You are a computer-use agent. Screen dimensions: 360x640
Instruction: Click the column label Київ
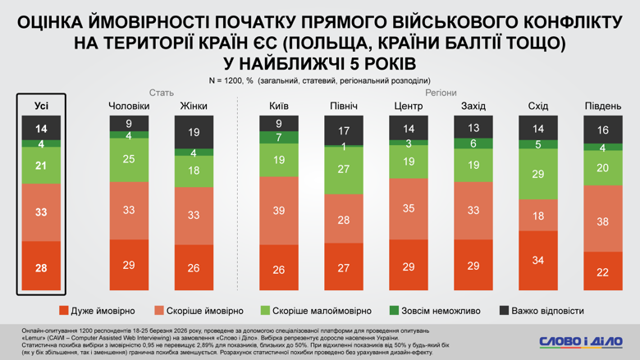click(x=278, y=106)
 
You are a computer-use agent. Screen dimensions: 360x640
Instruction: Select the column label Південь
click(x=603, y=106)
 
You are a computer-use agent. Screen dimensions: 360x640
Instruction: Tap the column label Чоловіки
click(x=130, y=106)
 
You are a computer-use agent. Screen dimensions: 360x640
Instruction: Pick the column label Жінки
click(x=194, y=106)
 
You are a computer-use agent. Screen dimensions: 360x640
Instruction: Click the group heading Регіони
click(x=441, y=93)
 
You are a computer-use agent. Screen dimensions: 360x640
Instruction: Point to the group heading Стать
click(x=161, y=93)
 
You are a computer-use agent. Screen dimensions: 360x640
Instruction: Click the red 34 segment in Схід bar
click(x=538, y=261)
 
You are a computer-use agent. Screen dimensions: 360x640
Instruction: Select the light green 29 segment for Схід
click(x=538, y=175)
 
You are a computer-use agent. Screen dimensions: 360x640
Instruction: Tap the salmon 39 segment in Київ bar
click(x=278, y=211)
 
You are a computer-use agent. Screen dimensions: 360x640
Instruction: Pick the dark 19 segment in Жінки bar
click(x=194, y=132)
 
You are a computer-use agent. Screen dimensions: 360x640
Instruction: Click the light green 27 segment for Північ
click(x=343, y=170)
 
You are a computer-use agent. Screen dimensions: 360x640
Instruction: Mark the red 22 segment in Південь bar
click(x=603, y=271)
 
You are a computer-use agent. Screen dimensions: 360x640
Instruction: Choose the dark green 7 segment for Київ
click(x=278, y=138)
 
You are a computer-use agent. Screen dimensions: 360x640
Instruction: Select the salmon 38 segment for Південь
click(x=603, y=221)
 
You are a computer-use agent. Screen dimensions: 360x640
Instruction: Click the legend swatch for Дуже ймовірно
click(x=64, y=311)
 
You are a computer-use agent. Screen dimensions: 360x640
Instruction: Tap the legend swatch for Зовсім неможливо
click(x=393, y=311)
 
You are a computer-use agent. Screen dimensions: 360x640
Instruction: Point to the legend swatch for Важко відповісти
click(x=504, y=311)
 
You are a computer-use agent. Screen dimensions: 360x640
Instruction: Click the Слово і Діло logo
click(x=580, y=340)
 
